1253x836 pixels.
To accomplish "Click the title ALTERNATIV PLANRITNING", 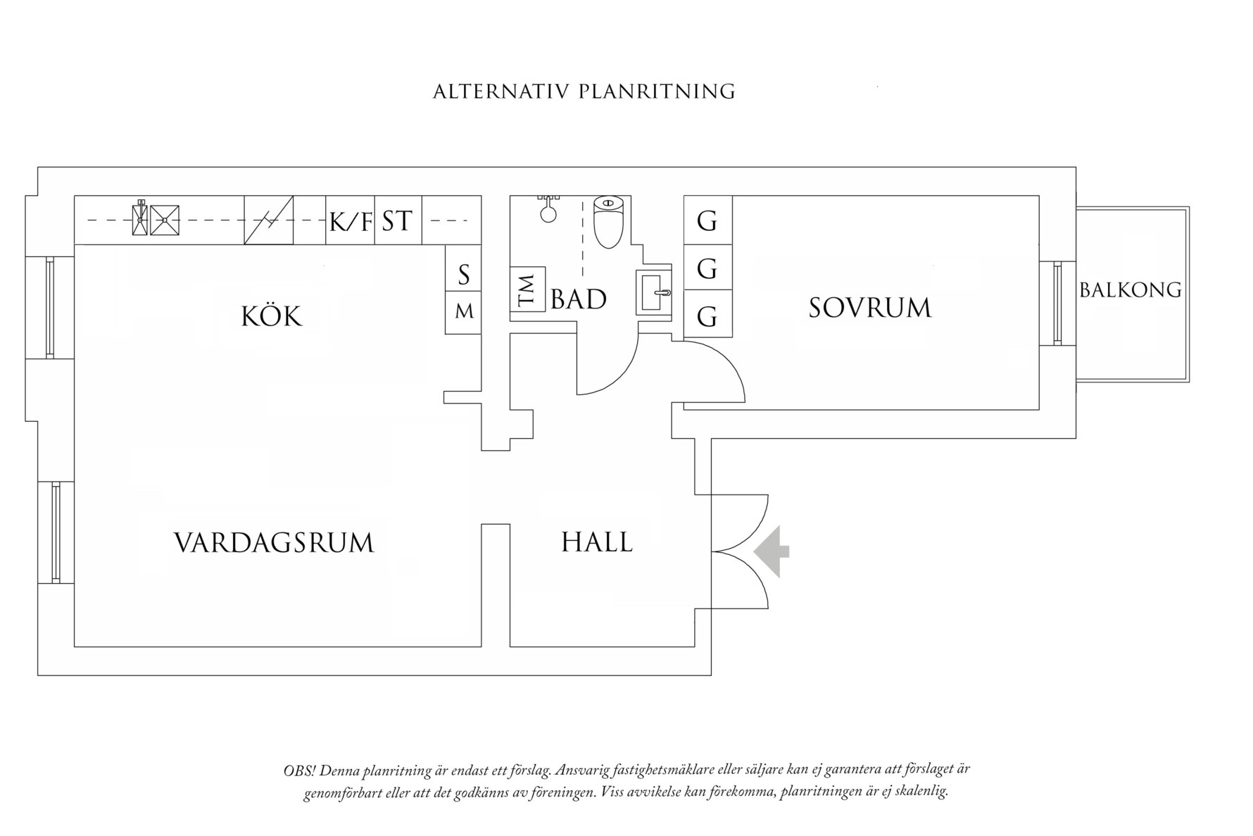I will (x=584, y=92).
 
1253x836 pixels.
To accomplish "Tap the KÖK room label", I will (x=271, y=316).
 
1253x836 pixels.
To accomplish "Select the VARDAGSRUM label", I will (x=274, y=543).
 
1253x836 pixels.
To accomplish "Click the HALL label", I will (x=597, y=542).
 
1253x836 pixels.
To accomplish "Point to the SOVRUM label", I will (x=869, y=308).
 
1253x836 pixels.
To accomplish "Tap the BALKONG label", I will (x=1130, y=290).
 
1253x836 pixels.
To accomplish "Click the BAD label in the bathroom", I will (x=579, y=299).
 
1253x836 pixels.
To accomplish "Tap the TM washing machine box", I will (x=528, y=289).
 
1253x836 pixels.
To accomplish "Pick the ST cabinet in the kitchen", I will (x=398, y=221).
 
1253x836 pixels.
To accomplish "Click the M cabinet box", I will (x=464, y=311).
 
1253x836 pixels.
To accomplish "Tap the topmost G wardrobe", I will (x=707, y=221).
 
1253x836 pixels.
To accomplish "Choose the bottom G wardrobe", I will (x=707, y=317).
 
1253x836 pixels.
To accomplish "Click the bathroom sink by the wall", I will (x=653, y=292).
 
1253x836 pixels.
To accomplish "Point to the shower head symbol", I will (x=548, y=210).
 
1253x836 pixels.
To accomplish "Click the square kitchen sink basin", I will (x=164, y=220).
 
